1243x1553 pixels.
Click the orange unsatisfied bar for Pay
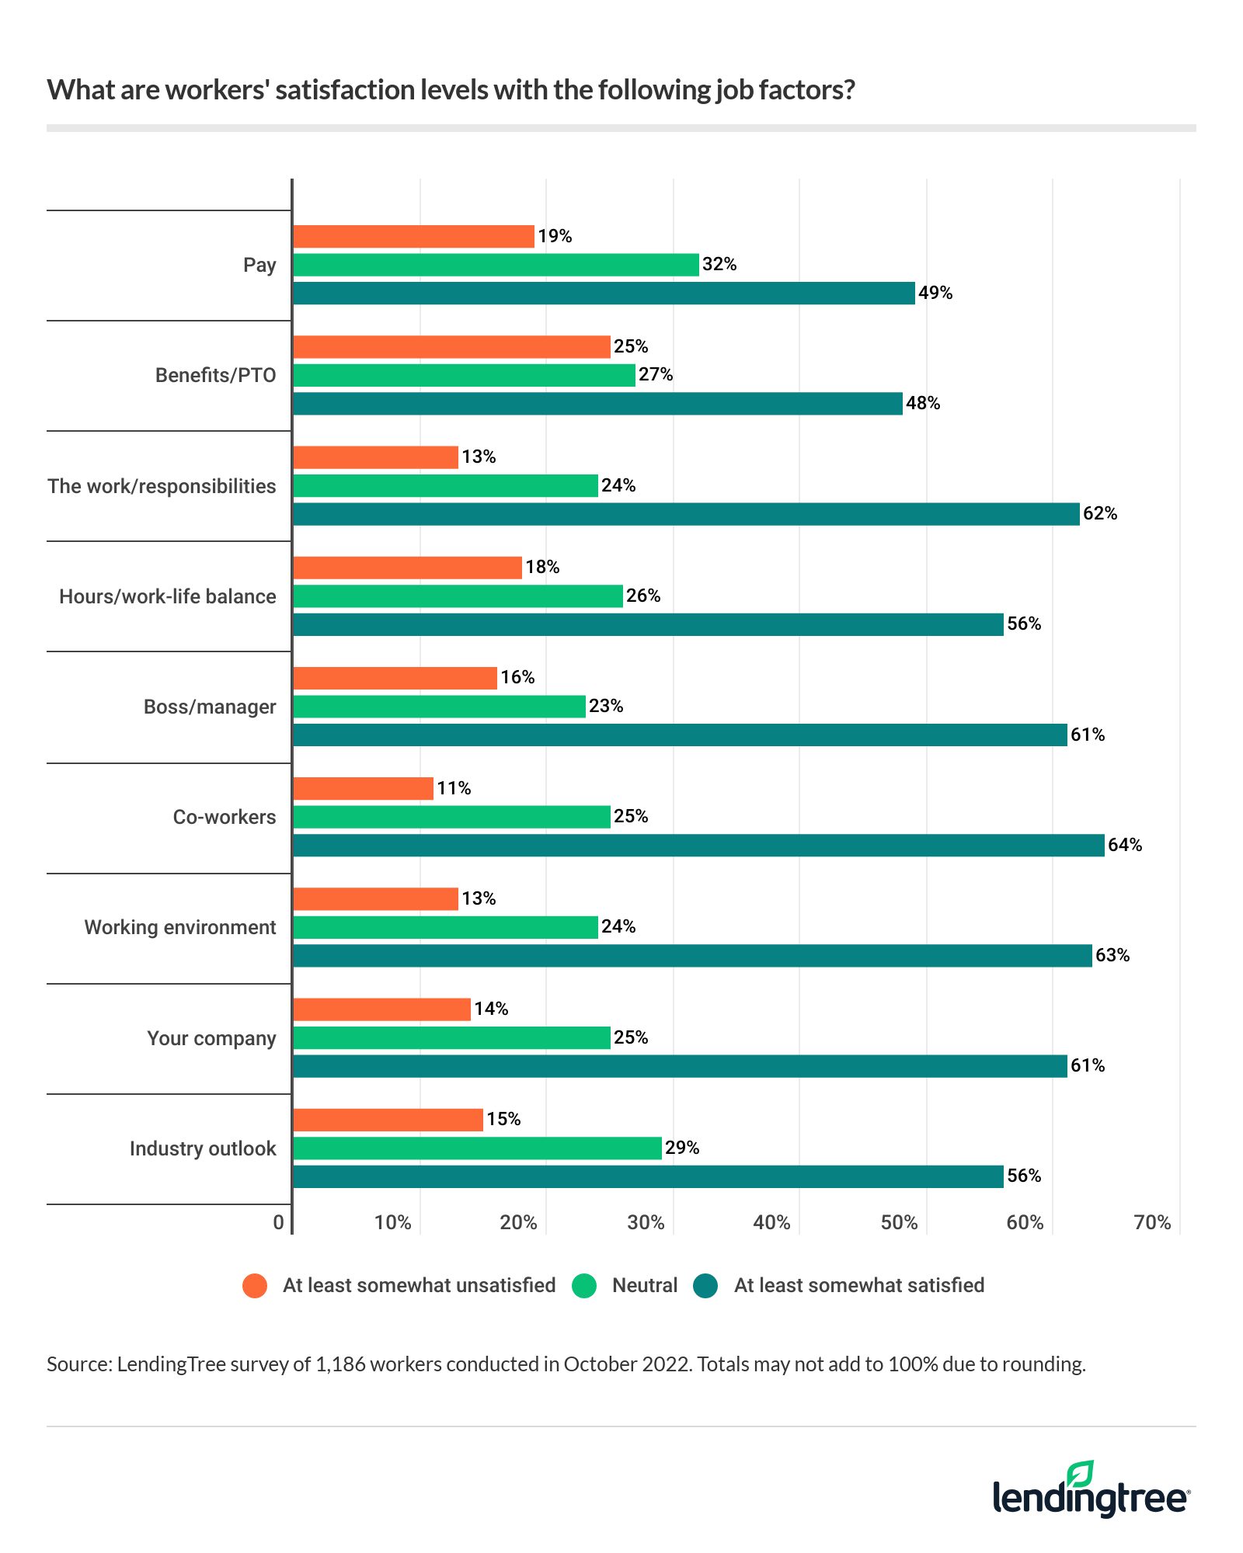tap(413, 236)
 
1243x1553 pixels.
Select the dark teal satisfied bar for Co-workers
tap(698, 845)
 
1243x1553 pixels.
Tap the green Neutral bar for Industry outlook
tap(477, 1148)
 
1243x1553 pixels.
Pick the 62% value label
tap(1100, 513)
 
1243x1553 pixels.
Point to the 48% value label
tap(923, 403)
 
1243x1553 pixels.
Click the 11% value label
tap(454, 788)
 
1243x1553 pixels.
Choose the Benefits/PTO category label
tap(215, 375)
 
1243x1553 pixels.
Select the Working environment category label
tap(179, 927)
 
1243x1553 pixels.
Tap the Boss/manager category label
tap(210, 707)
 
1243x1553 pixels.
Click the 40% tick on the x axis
tap(771, 1223)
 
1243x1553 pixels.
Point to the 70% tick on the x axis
tap(1152, 1223)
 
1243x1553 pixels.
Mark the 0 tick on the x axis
tap(279, 1223)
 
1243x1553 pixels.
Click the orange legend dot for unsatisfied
tap(255, 1286)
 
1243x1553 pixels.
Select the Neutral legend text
tap(645, 1285)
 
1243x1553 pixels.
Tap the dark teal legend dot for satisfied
tap(706, 1286)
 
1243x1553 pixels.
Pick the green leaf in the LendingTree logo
tap(1081, 1474)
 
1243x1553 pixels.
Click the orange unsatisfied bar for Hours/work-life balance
tap(407, 568)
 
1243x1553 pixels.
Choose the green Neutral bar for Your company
tap(451, 1037)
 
